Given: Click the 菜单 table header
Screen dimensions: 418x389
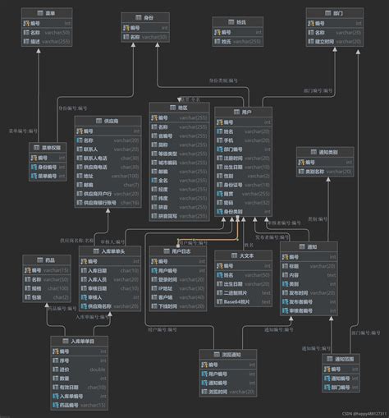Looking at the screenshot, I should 49,14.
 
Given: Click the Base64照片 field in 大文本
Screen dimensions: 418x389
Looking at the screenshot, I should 243,303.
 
